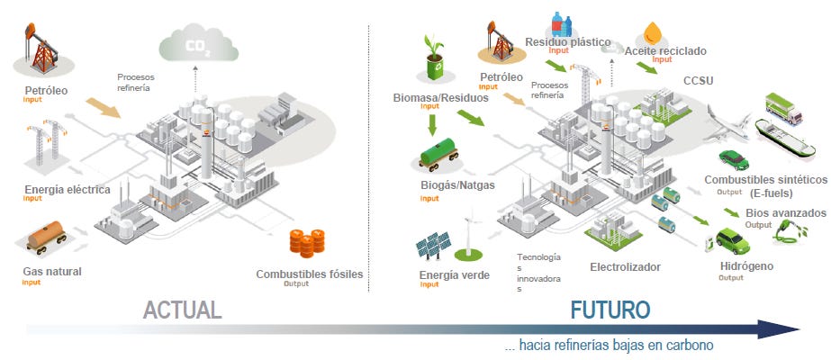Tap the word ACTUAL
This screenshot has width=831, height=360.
182,310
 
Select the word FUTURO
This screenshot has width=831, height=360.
610,310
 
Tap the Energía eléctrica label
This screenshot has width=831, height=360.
67,190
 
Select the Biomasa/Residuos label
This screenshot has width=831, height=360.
441,97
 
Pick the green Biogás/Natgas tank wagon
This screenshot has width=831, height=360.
440,158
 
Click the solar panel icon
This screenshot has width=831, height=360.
434,244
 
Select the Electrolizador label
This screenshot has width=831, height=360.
625,267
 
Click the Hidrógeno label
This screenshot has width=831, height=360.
746,266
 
